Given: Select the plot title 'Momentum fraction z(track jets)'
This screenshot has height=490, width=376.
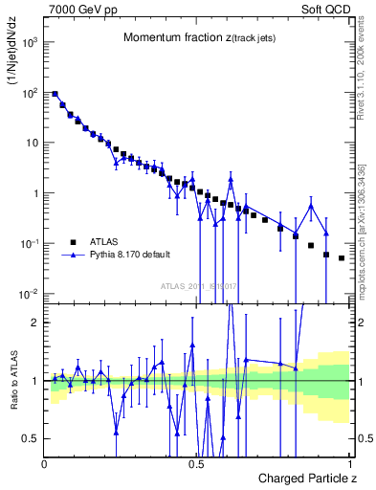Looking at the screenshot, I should point(198,37).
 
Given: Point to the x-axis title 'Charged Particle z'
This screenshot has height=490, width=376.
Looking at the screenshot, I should point(306,478).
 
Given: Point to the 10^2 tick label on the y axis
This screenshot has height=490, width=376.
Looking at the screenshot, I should point(32,93).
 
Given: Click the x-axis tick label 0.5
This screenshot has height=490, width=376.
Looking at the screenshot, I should point(198,463).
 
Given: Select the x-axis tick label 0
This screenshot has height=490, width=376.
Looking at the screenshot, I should point(45,463).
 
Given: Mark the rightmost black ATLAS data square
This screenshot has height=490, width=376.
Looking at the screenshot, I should point(342,258).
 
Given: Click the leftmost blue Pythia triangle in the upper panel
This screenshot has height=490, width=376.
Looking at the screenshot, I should point(55,94).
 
